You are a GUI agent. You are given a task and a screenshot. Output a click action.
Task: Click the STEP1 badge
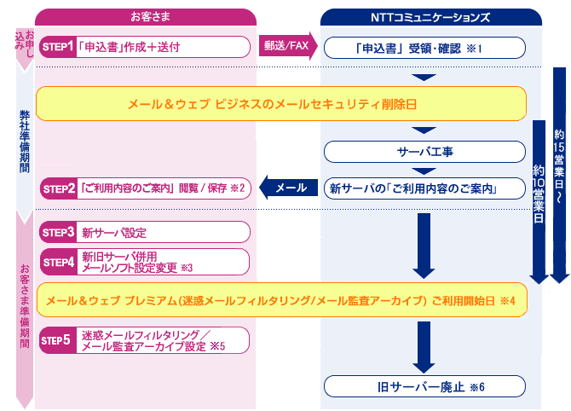point(58,47)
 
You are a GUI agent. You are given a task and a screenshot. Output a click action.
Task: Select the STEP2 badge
point(58,188)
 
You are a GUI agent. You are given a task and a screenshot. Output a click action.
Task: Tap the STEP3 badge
point(58,232)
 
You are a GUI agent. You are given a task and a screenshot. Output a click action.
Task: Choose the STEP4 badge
point(58,262)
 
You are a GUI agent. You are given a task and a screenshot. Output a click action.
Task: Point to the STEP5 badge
point(58,340)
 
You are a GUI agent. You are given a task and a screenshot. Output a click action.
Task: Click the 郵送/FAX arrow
point(288,45)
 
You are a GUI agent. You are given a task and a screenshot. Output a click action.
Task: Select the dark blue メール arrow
point(288,188)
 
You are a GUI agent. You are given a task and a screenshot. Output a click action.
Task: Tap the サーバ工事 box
point(424,152)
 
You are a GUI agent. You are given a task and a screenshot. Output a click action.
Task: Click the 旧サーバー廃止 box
point(424,386)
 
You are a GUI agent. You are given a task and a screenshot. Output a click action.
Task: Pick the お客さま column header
point(146,17)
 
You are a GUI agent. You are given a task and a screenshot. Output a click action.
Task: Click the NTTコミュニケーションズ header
point(430,17)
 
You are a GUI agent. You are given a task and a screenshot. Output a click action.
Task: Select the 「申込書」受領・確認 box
point(424,48)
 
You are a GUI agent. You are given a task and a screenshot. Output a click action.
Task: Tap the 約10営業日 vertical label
point(539,193)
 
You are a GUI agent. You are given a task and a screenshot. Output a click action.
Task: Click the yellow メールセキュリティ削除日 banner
point(281,104)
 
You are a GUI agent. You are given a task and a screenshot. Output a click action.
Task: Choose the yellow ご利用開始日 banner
point(282,300)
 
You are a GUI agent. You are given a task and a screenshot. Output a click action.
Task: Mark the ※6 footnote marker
point(477,387)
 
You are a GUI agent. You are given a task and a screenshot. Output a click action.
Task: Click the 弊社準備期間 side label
point(25,142)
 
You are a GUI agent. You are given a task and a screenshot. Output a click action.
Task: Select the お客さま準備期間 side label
point(25,306)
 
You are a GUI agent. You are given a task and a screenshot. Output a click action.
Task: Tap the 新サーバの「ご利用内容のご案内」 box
point(424,188)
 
